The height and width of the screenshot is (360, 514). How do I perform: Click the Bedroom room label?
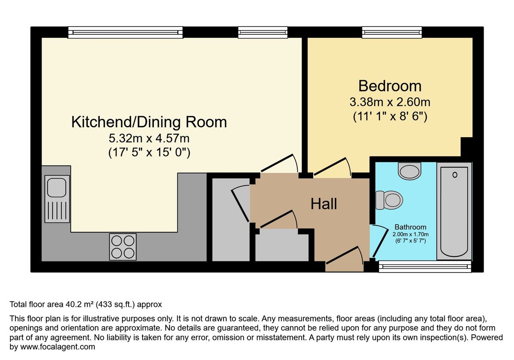tap(390, 86)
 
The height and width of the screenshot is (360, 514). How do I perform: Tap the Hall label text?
tap(324, 204)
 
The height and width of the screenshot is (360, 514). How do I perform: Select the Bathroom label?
tap(410, 227)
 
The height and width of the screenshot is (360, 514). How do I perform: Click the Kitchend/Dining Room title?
tap(149, 122)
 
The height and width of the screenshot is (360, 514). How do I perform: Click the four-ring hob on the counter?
tap(123, 247)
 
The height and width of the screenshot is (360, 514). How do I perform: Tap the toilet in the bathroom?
tap(389, 200)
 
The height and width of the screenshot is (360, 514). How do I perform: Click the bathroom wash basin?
tap(409, 171)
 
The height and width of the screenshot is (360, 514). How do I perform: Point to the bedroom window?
tap(392, 33)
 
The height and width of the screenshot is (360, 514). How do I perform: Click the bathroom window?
tap(425, 266)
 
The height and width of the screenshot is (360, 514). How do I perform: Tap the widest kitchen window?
tap(125, 33)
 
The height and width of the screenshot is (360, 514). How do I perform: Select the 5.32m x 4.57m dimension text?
tap(149, 138)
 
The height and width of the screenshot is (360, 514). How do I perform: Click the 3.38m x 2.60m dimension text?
tap(390, 102)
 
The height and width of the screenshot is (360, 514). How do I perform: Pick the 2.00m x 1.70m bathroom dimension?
tap(410, 234)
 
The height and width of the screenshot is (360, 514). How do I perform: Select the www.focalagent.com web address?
tap(57, 347)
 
